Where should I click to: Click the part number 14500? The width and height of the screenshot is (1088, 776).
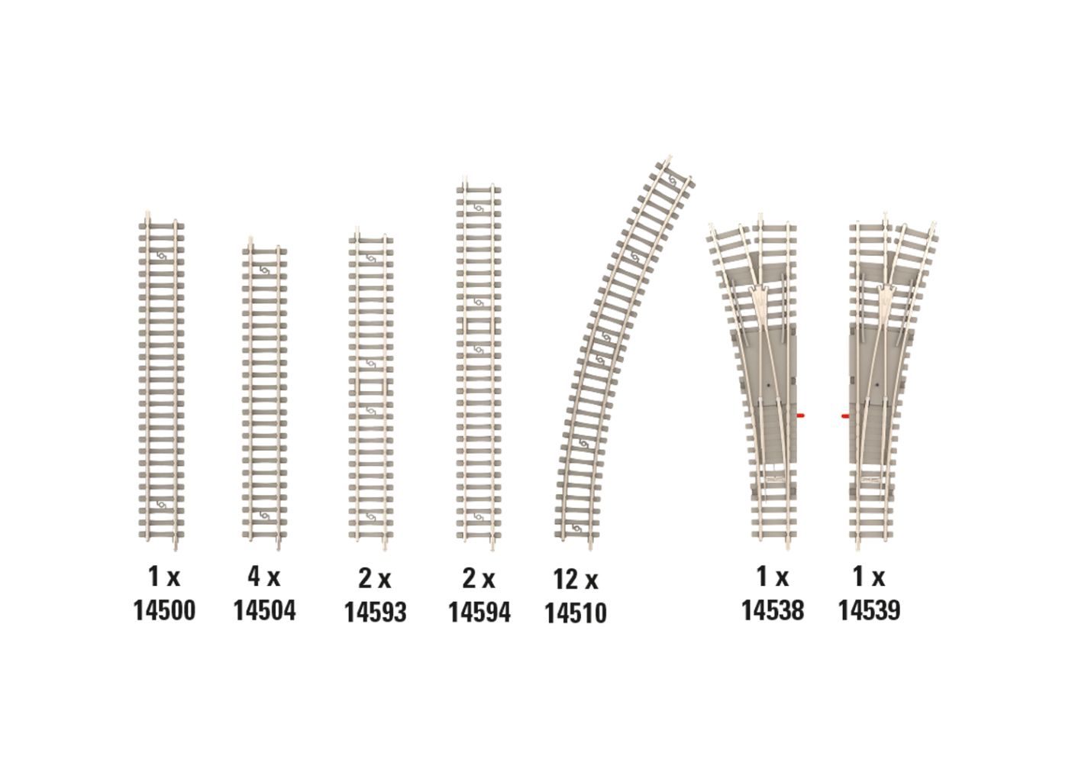click(164, 610)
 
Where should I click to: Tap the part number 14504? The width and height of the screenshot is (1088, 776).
click(265, 610)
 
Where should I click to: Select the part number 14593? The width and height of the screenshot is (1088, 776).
click(375, 612)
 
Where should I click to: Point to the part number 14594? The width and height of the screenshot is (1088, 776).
click(479, 612)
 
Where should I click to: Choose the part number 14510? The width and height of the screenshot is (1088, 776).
click(576, 613)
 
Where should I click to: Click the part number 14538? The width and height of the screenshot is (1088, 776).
click(773, 610)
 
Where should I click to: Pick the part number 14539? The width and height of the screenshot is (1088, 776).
click(870, 610)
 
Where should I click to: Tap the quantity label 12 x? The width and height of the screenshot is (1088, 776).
click(576, 580)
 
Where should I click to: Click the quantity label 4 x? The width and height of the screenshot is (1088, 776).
click(264, 577)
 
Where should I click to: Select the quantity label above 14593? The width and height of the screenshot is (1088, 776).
click(374, 579)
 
